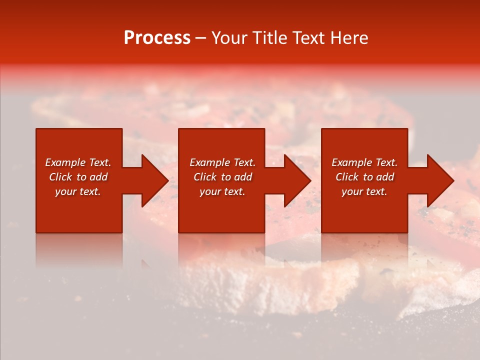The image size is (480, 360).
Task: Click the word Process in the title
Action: (157, 38)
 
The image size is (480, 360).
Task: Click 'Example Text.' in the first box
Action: (78, 162)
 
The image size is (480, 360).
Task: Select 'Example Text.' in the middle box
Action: (222, 162)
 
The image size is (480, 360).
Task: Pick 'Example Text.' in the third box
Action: (364, 162)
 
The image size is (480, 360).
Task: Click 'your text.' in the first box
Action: (78, 191)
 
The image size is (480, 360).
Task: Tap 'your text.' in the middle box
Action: (222, 191)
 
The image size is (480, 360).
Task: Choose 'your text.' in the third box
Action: (364, 191)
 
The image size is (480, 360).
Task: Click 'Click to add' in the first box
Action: (78, 177)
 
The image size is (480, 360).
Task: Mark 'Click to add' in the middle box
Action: (222, 177)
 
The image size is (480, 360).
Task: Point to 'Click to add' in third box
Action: (364, 177)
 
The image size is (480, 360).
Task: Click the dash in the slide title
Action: (200, 38)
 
